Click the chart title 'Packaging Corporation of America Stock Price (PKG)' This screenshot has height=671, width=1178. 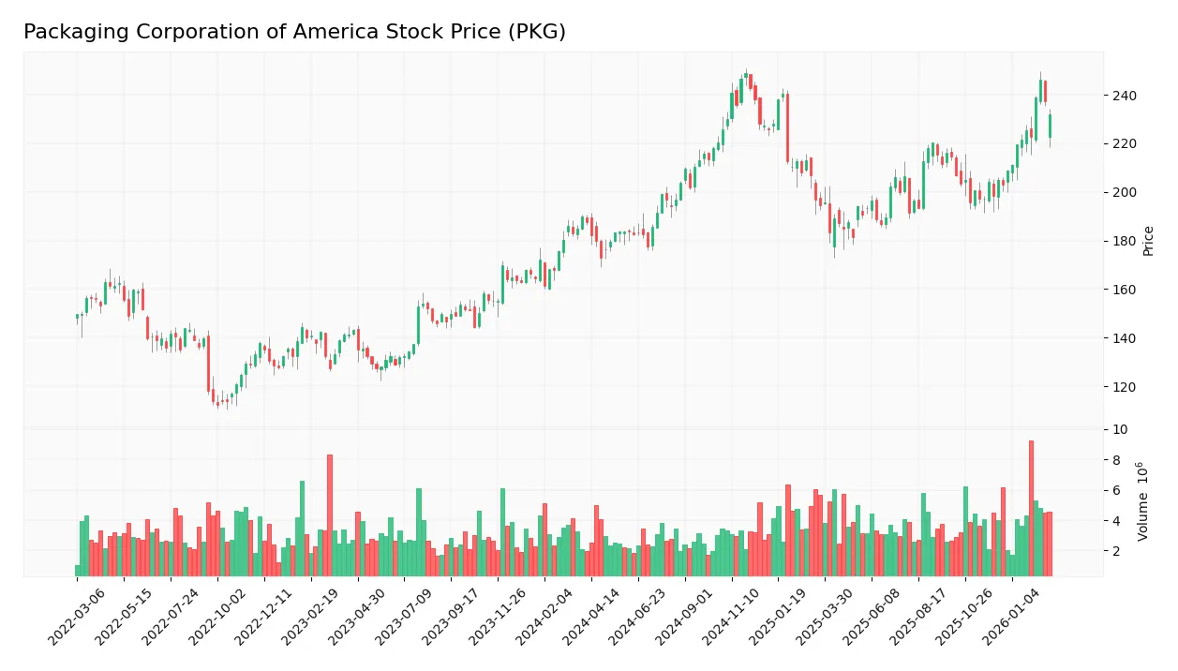294,32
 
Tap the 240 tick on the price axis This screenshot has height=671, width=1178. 1124,96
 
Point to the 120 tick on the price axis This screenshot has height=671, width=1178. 1124,387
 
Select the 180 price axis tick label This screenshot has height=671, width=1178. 1124,241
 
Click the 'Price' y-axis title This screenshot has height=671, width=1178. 1148,241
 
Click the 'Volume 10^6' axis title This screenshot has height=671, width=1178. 1144,501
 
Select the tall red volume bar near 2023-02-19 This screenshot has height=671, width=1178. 330,515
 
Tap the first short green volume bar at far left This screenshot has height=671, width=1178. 78,571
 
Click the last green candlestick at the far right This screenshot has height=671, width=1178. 1050,126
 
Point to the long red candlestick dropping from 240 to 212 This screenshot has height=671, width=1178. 788,127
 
